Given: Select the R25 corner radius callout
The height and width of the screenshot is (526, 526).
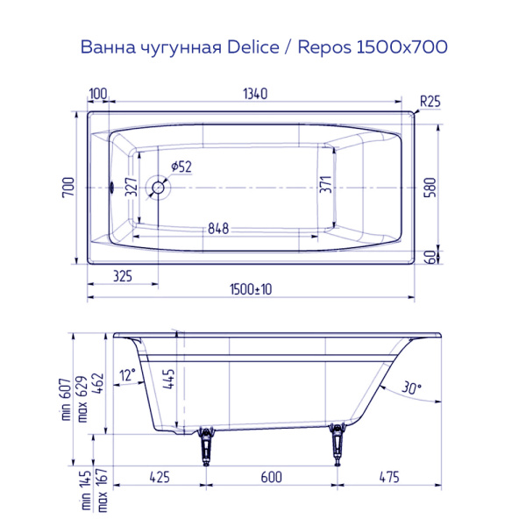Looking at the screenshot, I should (x=430, y=102).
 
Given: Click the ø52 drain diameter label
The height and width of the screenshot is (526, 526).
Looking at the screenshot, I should (x=182, y=166).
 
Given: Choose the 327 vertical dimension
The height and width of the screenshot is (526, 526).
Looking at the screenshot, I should (x=131, y=187).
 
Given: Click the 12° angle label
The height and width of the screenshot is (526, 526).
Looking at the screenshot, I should (x=128, y=374).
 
